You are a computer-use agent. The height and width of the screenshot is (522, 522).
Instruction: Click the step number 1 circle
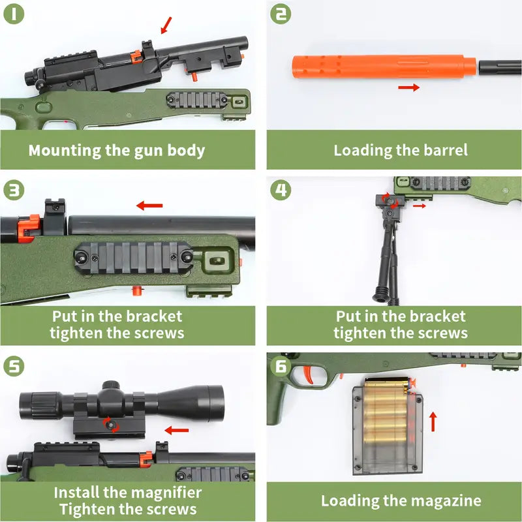(14, 14)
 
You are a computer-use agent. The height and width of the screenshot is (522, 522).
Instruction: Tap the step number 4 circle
(281, 190)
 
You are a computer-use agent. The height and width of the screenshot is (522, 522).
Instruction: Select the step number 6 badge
(281, 366)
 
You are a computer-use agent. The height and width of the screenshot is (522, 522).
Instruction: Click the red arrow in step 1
(166, 25)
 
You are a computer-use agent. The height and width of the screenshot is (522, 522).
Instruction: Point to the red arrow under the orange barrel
(409, 87)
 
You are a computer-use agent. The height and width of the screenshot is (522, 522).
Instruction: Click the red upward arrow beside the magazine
(433, 422)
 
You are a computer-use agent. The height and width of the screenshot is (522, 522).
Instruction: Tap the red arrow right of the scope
(177, 430)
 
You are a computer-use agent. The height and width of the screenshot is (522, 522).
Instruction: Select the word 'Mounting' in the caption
(65, 151)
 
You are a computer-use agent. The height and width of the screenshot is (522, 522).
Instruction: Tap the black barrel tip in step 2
(500, 67)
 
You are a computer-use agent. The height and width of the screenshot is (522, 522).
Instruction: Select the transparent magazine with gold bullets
(388, 425)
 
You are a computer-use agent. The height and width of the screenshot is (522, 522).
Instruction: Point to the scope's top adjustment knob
(111, 386)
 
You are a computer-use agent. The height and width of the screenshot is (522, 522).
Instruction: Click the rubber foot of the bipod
(380, 294)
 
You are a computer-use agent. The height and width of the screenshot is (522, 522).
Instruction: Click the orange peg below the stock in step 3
(136, 290)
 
